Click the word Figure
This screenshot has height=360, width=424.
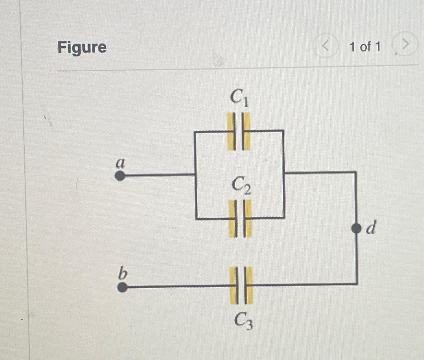click(82, 47)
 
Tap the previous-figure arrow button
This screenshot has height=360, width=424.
click(325, 46)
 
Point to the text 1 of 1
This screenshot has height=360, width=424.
click(365, 46)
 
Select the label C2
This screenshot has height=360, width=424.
click(241, 185)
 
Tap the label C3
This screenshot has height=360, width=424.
click(243, 321)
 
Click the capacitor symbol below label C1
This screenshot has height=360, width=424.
click(239, 131)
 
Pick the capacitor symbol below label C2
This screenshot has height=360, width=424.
click(240, 218)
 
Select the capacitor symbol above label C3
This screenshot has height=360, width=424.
click(241, 286)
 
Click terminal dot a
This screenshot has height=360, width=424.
click(119, 176)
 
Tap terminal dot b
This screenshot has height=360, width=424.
click(122, 287)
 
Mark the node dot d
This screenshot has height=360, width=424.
click(357, 228)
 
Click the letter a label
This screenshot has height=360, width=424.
click(120, 163)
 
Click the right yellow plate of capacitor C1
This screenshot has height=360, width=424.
click(247, 131)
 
